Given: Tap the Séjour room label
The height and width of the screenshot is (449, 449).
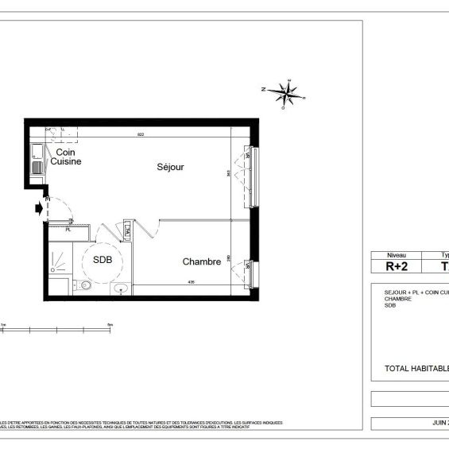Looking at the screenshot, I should point(170,168).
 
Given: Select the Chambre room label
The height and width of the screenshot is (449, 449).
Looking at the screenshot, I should point(201,261).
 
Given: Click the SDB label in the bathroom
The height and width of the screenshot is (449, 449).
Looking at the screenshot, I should point(103,260).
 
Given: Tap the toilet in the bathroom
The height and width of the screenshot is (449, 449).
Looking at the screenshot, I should point(85,285).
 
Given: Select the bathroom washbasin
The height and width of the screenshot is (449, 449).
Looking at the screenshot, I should point(121,288).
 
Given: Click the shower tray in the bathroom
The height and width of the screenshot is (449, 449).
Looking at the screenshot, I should point(59,256).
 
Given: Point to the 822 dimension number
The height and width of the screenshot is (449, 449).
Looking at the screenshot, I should point(141,134).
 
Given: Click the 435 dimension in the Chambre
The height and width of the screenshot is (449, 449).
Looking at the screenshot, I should point(191,281).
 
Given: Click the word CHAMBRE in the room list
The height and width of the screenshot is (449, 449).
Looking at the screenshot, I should point(398,299).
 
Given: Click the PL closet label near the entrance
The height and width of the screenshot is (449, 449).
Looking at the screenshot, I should point(68,230).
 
